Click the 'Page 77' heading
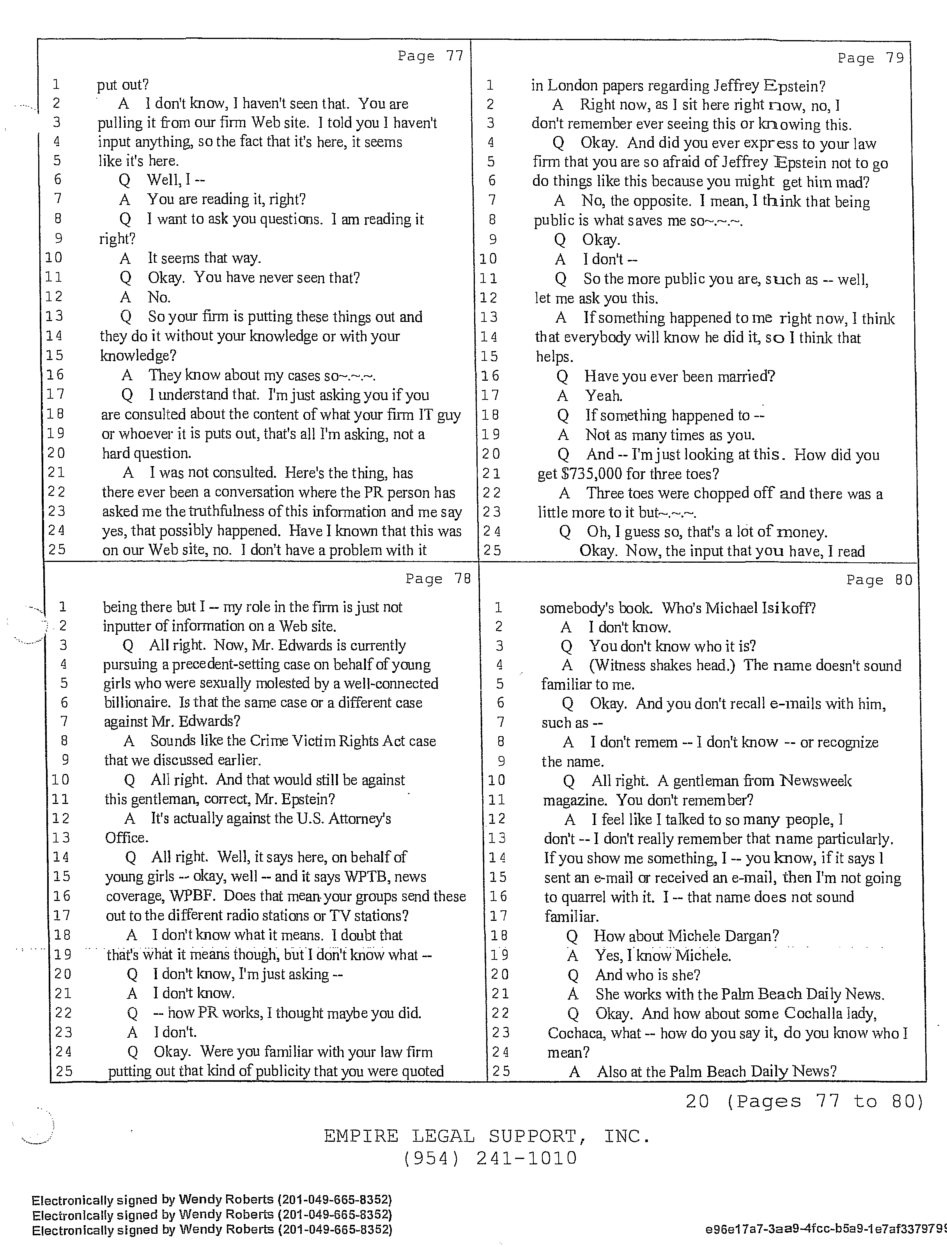tap(430, 56)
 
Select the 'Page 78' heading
tap(438, 579)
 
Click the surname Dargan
tap(752, 936)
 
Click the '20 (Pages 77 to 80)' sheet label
tap(804, 1101)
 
